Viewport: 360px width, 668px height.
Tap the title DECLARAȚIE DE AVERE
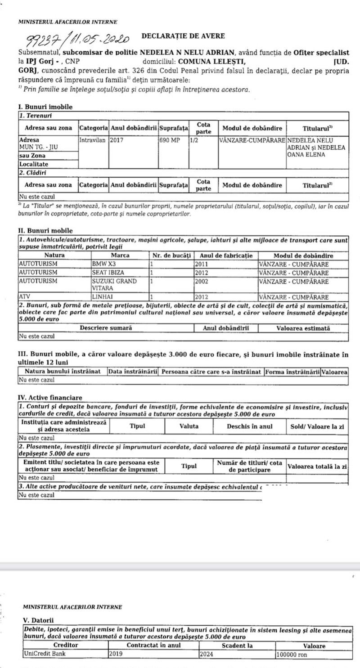tap(183, 36)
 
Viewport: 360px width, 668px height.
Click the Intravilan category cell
tap(93, 140)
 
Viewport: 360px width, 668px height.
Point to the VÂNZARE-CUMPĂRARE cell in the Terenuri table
tap(252, 140)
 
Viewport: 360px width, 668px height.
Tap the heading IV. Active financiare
tap(49, 397)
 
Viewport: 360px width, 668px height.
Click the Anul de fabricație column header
tap(226, 256)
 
